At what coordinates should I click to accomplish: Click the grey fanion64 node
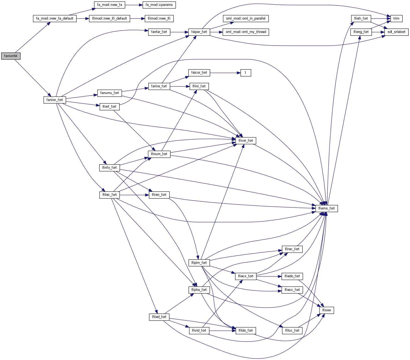point(11,56)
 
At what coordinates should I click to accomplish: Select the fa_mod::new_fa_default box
point(55,18)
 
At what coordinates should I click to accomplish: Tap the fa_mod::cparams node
point(159,5)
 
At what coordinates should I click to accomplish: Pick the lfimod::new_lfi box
point(159,18)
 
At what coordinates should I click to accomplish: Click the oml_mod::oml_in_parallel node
point(246,18)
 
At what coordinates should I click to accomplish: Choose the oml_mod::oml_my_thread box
point(246,32)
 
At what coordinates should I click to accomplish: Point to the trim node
point(396,18)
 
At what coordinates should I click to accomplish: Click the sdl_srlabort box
point(396,32)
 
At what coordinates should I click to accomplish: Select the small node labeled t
point(246,73)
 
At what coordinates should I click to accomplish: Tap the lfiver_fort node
point(246,141)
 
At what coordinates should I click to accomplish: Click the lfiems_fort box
point(326,208)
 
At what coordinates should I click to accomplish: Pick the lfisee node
point(326,310)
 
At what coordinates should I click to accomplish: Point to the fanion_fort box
point(55,100)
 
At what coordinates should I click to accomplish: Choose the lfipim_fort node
point(199,263)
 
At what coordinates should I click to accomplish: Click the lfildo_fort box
point(246,331)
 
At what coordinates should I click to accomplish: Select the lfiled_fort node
point(159,317)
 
